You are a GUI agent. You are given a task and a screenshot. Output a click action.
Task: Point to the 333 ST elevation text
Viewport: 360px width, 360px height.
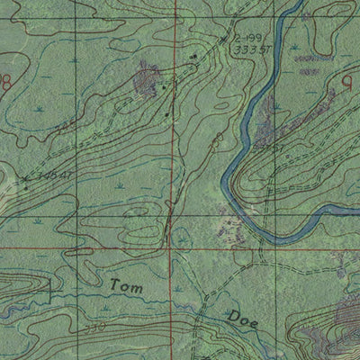(247, 50)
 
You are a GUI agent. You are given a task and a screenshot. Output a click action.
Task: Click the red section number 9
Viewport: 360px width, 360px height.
(347, 82)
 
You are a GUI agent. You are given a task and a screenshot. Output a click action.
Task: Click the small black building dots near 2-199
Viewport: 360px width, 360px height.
(193, 56)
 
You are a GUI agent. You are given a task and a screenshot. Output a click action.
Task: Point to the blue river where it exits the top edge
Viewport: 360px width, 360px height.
(293, 4)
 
